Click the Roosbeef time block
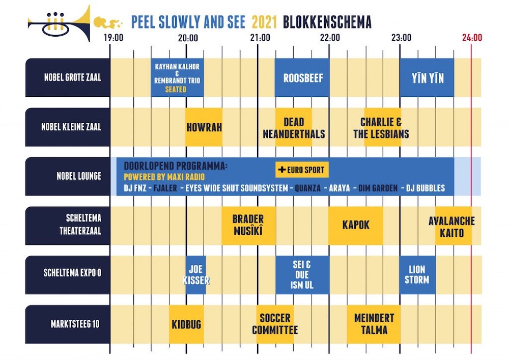pyautogui.click(x=302, y=78)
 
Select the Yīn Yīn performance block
pyautogui.click(x=427, y=78)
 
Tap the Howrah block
pyautogui.click(x=204, y=127)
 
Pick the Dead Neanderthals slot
pyautogui.click(x=294, y=127)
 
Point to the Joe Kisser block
pyautogui.click(x=195, y=275)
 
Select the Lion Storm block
pyautogui.click(x=417, y=275)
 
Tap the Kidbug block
pyautogui.click(x=186, y=324)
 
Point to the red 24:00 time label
pyautogui.click(x=472, y=37)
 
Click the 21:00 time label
pyautogui.click(x=260, y=37)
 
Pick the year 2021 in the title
pyautogui.click(x=265, y=22)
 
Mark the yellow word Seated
pyautogui.click(x=176, y=89)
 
